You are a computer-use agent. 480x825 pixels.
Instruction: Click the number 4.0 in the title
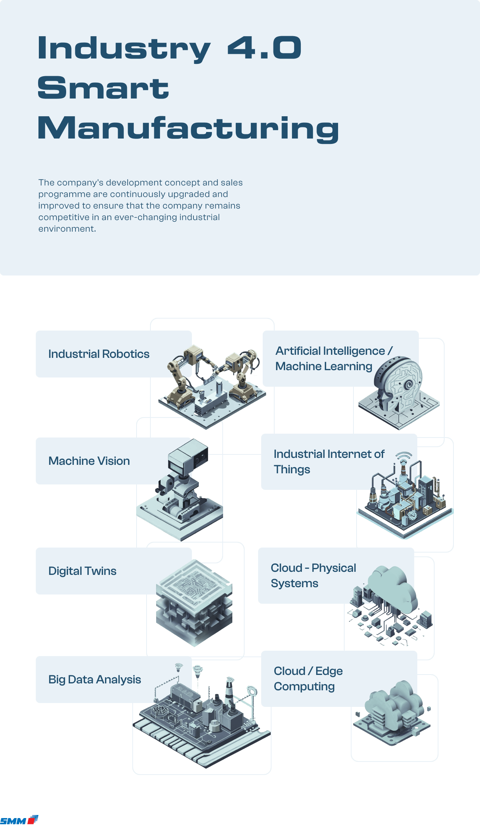click(264, 48)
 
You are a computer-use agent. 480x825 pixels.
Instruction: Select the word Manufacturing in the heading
click(188, 129)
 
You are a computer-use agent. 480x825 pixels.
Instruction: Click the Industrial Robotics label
click(99, 354)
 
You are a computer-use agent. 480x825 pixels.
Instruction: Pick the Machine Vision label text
click(89, 461)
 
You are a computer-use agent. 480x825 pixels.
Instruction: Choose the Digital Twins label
click(82, 571)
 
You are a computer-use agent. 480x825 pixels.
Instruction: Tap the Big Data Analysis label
click(95, 680)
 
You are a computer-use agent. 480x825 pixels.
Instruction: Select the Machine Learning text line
click(324, 366)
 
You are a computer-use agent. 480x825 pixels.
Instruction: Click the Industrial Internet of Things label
click(329, 461)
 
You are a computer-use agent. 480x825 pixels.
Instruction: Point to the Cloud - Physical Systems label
click(313, 575)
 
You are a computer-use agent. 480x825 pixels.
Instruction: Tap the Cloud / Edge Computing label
click(308, 678)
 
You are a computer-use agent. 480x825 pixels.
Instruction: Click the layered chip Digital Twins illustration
click(194, 602)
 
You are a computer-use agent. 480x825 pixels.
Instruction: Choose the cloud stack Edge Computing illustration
click(392, 712)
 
